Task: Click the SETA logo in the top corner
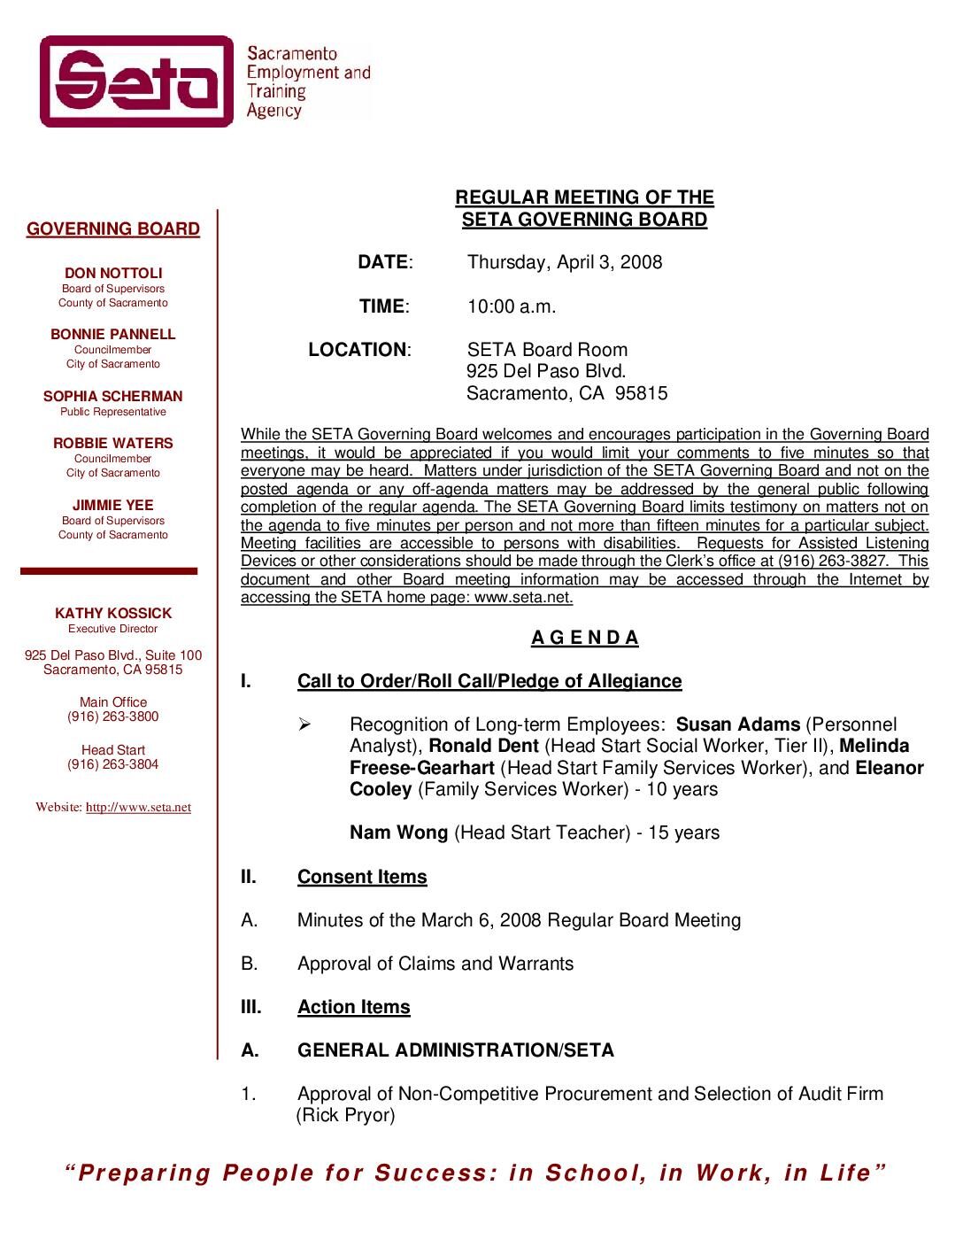(x=137, y=81)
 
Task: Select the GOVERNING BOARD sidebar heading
(x=113, y=229)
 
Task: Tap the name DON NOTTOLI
(x=113, y=274)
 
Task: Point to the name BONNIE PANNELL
(x=113, y=335)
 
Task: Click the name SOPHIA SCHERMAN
(x=113, y=397)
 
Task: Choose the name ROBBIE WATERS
(x=113, y=444)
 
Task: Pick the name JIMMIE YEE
(x=113, y=506)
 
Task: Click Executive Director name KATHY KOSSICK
(x=113, y=614)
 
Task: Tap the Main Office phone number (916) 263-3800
(x=113, y=716)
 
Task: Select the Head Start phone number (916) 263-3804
(x=113, y=764)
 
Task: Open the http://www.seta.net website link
(x=138, y=808)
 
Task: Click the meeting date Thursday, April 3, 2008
(x=564, y=262)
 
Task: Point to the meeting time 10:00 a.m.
(x=512, y=306)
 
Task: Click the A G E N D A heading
(x=584, y=638)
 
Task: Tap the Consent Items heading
(x=362, y=877)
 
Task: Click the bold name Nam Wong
(x=398, y=833)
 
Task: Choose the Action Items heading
(x=353, y=1007)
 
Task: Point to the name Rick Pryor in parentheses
(x=345, y=1115)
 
